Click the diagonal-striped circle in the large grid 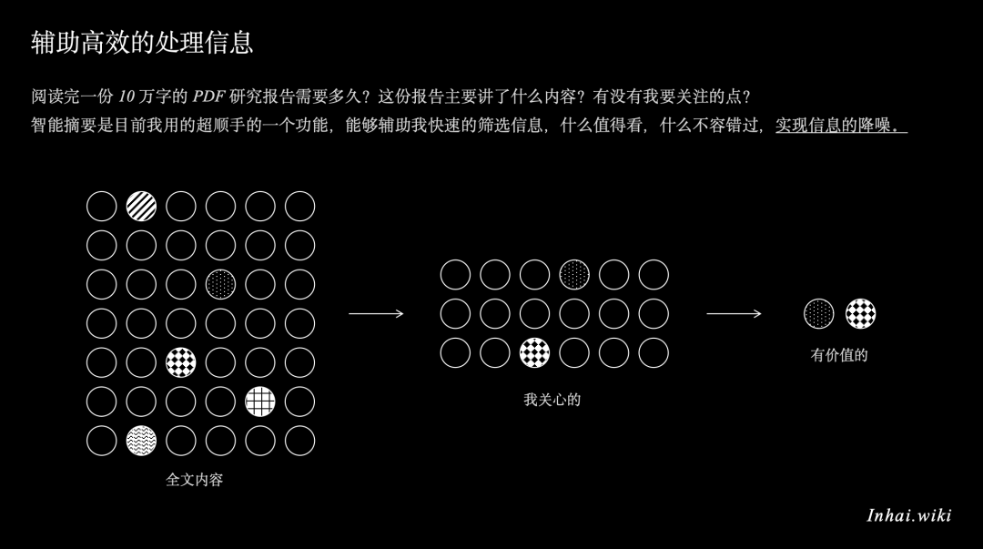click(x=141, y=207)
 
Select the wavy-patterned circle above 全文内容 click(x=141, y=441)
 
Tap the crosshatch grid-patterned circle click(x=260, y=402)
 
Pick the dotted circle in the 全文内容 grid click(x=220, y=284)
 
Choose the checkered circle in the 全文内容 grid click(x=180, y=362)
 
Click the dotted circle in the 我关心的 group click(x=574, y=275)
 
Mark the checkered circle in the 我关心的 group click(x=535, y=352)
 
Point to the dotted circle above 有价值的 click(x=819, y=314)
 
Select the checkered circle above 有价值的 click(x=861, y=314)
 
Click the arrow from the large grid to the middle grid click(x=376, y=314)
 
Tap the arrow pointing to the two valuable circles click(x=735, y=314)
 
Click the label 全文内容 click(x=195, y=480)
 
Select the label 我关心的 click(x=552, y=400)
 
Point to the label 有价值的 click(x=839, y=355)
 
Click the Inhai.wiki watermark click(x=909, y=515)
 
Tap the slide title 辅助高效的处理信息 click(x=142, y=43)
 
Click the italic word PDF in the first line click(x=208, y=96)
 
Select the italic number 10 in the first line click(x=127, y=96)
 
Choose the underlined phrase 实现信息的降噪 click(x=841, y=126)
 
